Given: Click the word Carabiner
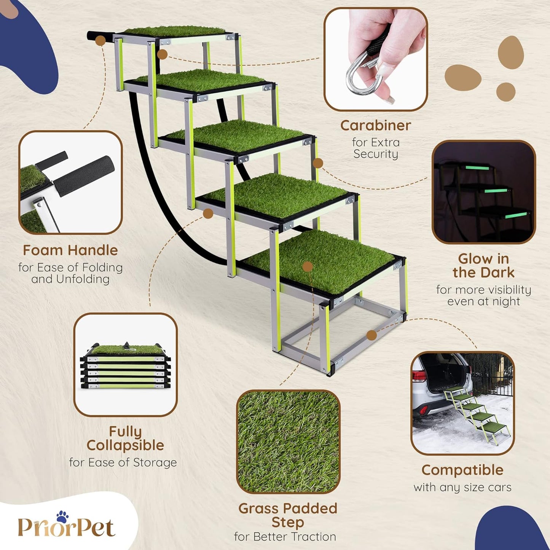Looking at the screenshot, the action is click(375, 126).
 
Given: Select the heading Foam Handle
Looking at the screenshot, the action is click(70, 250).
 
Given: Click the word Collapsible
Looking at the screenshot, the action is click(125, 445).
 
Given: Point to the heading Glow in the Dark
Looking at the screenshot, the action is click(483, 266).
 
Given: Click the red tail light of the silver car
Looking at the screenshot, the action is click(419, 376).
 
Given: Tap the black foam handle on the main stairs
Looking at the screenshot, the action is click(100, 37).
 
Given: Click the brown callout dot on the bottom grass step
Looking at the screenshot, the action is click(308, 266).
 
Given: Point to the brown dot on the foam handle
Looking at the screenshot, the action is click(100, 40).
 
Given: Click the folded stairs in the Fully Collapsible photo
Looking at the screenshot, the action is click(125, 366).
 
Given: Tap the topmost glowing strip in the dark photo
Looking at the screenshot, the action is click(478, 167).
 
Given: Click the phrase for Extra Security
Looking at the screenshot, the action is click(376, 148).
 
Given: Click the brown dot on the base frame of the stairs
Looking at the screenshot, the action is click(371, 335).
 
